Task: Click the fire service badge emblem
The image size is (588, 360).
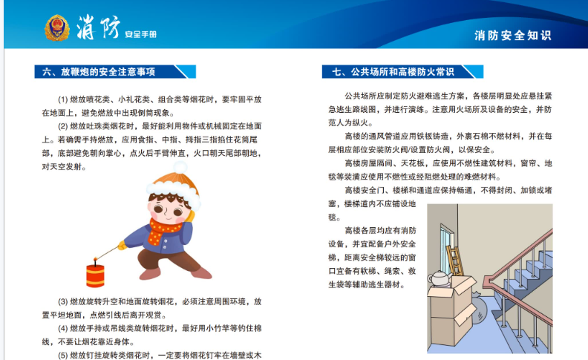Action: [x=57, y=27]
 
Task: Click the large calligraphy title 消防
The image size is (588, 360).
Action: [x=98, y=27]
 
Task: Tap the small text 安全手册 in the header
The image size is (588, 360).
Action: [x=140, y=34]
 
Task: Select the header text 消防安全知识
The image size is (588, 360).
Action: [x=512, y=35]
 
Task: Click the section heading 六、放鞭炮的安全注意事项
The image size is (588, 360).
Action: [x=99, y=71]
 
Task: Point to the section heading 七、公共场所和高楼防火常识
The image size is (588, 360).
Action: [x=393, y=71]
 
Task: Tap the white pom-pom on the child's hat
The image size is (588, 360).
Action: [x=180, y=167]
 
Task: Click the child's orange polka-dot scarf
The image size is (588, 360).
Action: [x=164, y=231]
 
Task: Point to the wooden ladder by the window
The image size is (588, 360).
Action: [x=455, y=260]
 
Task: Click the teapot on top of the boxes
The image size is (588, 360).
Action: [x=440, y=278]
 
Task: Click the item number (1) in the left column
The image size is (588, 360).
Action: [x=62, y=99]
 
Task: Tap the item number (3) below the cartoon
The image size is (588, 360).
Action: [x=62, y=301]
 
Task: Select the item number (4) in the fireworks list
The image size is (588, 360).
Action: [x=62, y=329]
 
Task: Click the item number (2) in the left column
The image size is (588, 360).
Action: [x=62, y=126]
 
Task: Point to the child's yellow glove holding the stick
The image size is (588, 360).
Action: [x=122, y=245]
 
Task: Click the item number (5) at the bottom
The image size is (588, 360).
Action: [x=62, y=355]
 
